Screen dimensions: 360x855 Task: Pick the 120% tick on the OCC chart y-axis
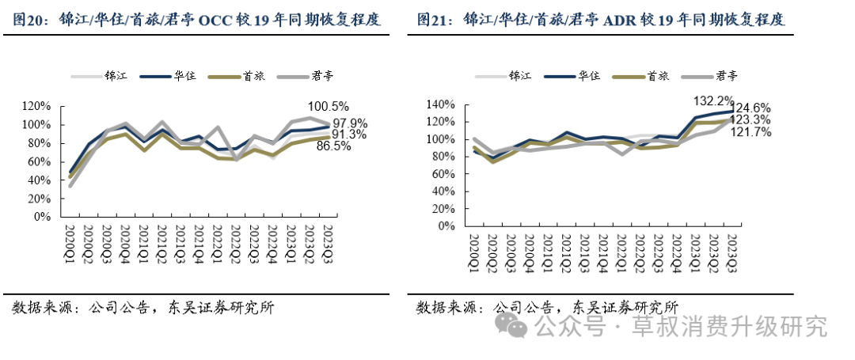click(37, 106)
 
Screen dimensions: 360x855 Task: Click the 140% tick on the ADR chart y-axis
click(441, 104)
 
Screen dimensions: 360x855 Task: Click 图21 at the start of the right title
click(432, 20)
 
